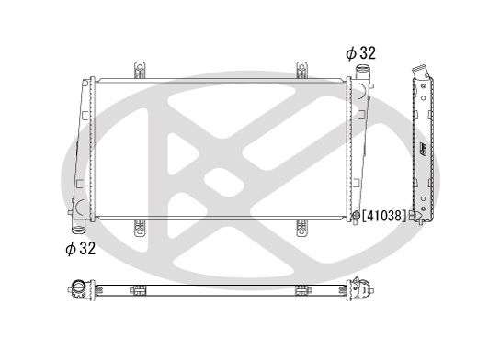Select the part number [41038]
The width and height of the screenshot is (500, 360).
384,216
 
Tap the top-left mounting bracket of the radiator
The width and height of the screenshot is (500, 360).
142,70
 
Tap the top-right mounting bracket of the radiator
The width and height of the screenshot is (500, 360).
301,70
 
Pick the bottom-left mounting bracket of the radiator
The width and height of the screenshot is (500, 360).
142,224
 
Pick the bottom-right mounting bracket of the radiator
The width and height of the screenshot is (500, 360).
301,224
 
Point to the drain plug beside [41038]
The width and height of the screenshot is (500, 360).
356,217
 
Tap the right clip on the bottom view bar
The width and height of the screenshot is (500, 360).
301,292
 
